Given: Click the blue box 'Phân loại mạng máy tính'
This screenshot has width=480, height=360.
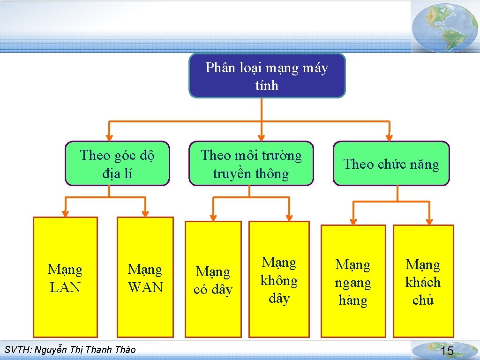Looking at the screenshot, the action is [x=267, y=76].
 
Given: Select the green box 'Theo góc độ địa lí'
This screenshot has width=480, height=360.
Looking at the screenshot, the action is [x=117, y=164].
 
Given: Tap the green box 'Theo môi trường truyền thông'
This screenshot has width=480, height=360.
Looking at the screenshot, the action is [x=251, y=164].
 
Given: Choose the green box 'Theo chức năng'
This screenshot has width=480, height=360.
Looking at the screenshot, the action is [x=391, y=164].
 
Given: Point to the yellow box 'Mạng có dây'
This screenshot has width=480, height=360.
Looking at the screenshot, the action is [x=213, y=279].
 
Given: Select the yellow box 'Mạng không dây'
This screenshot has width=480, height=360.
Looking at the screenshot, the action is [x=279, y=279].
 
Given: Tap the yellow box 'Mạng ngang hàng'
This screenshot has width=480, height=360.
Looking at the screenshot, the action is [x=353, y=281].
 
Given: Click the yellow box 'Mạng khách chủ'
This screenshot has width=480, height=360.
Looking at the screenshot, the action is [x=423, y=281].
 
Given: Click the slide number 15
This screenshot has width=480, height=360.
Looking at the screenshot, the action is [x=447, y=351].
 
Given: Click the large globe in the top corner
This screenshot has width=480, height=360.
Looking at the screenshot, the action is [x=445, y=27].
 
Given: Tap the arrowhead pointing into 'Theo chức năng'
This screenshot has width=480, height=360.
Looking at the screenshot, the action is [x=389, y=137].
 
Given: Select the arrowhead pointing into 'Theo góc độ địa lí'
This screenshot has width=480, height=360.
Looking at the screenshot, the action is [x=109, y=137].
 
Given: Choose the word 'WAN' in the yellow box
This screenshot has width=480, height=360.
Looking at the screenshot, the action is [x=145, y=287].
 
